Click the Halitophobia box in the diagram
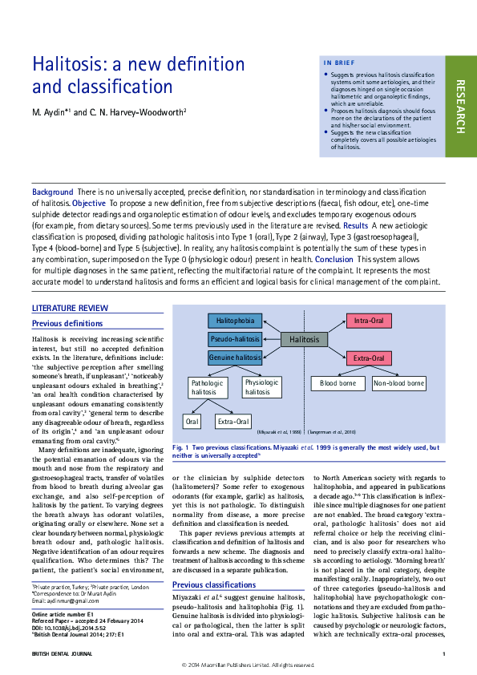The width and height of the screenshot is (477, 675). (235, 321)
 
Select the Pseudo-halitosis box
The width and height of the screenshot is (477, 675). (235, 339)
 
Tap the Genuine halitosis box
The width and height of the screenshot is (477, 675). (235, 357)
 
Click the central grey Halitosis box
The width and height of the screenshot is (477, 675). (305, 339)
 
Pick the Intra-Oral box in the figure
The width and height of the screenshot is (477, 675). (369, 321)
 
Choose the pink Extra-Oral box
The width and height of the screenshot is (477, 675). (369, 358)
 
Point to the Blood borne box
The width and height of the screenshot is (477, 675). (338, 384)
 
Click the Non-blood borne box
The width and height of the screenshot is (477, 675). (398, 384)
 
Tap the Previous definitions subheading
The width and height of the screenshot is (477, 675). (67, 323)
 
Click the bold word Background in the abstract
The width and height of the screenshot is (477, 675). (52, 192)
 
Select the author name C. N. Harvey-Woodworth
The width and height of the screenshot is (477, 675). (144, 111)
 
